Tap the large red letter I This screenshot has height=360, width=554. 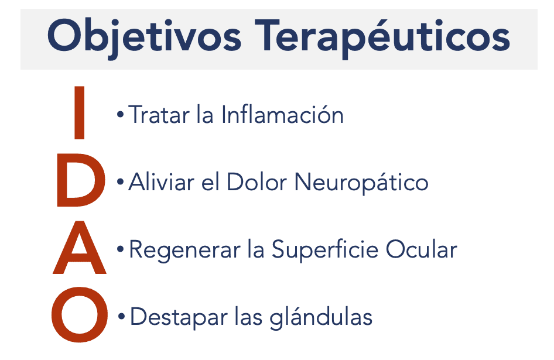(79, 112)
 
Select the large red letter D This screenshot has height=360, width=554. (81, 180)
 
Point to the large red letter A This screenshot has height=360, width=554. (80, 247)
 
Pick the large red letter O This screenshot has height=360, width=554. (80, 314)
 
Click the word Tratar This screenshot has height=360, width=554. (159, 115)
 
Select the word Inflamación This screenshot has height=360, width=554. (283, 115)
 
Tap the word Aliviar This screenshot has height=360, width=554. (162, 182)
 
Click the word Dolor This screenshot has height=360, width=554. (257, 182)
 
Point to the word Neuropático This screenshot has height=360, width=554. (361, 183)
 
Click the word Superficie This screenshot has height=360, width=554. (324, 250)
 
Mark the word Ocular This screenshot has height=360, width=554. (422, 249)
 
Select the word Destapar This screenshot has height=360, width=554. (179, 317)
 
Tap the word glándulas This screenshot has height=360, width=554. (321, 317)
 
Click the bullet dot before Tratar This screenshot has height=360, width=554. (121, 115)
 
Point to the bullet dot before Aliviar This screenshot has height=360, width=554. (121, 182)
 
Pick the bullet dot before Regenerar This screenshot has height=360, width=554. (121, 249)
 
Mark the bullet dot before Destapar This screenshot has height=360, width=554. (122, 317)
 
